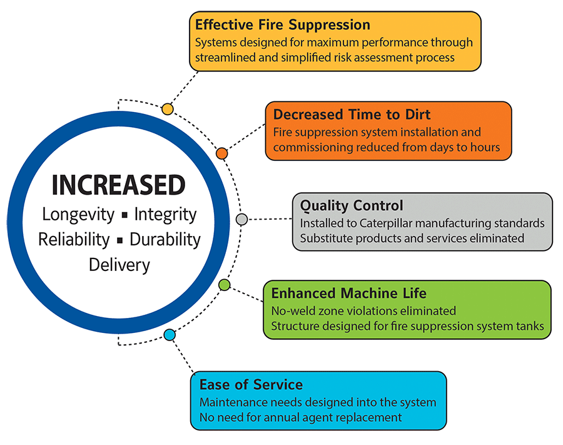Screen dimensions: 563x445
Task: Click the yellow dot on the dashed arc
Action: [168, 109]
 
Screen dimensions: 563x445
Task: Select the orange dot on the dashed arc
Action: [222, 153]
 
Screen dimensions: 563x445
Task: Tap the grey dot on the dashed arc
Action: [241, 219]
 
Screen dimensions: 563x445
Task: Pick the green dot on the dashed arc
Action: [225, 285]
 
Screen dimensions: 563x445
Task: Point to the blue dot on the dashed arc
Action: [170, 335]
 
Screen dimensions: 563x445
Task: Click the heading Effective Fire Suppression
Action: [283, 25]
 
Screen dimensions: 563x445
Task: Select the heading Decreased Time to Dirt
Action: [352, 115]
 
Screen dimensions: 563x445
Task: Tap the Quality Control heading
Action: [352, 205]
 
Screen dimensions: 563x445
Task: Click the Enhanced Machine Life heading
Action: [348, 293]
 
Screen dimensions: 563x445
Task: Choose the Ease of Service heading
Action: [251, 385]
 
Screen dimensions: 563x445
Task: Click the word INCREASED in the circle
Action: [118, 185]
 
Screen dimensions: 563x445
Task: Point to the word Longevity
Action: [78, 215]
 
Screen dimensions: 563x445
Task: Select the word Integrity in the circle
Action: [166, 215]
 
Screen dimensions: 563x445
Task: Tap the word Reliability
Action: [74, 240]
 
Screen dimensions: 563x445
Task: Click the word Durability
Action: [165, 240]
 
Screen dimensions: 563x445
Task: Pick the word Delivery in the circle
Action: [119, 265]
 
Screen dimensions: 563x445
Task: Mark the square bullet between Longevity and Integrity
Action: [124, 215]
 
